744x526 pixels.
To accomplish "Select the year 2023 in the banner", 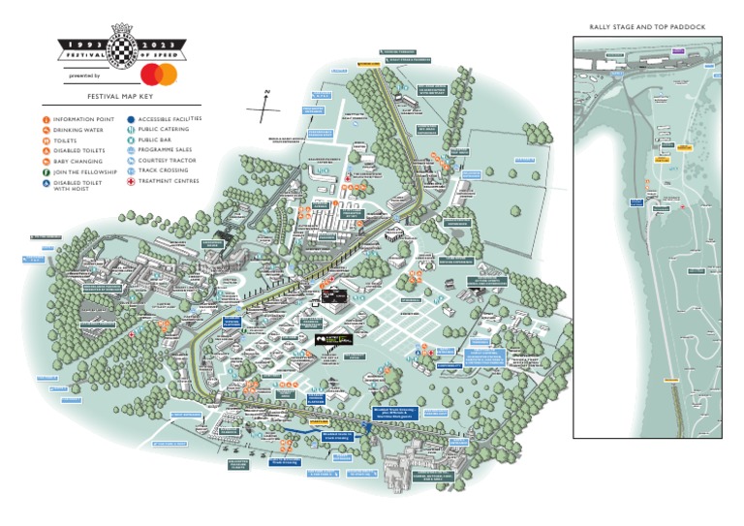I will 161,46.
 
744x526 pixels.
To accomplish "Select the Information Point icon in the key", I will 46,119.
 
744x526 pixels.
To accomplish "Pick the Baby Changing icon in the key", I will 46,162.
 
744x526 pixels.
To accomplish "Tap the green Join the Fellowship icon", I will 46,172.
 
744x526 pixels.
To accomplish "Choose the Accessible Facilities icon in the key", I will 131,119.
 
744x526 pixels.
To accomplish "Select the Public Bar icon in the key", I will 131,140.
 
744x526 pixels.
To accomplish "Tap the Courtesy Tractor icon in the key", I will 131,162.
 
